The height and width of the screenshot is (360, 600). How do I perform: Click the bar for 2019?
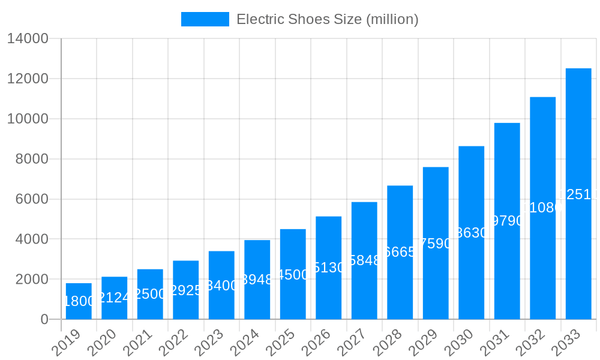click(x=79, y=301)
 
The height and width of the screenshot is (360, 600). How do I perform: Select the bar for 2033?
click(x=578, y=194)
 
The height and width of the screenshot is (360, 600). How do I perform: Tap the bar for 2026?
click(x=328, y=268)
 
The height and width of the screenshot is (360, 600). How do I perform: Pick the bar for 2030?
click(x=471, y=233)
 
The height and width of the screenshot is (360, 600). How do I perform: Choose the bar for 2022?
click(x=185, y=290)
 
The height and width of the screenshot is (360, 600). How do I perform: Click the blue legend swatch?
click(x=205, y=19)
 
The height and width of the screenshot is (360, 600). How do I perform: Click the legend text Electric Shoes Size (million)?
click(x=327, y=19)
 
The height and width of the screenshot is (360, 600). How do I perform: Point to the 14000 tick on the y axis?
click(x=28, y=39)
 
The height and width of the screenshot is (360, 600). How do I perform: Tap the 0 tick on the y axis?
click(x=44, y=319)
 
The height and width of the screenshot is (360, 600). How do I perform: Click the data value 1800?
click(x=79, y=302)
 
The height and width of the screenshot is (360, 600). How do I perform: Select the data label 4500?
click(x=293, y=275)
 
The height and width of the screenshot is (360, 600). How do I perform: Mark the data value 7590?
click(x=436, y=244)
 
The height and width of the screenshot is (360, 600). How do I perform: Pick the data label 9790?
click(x=507, y=221)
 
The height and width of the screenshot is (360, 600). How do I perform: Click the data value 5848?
click(x=364, y=260)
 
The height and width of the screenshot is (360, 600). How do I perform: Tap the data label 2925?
click(x=185, y=290)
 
